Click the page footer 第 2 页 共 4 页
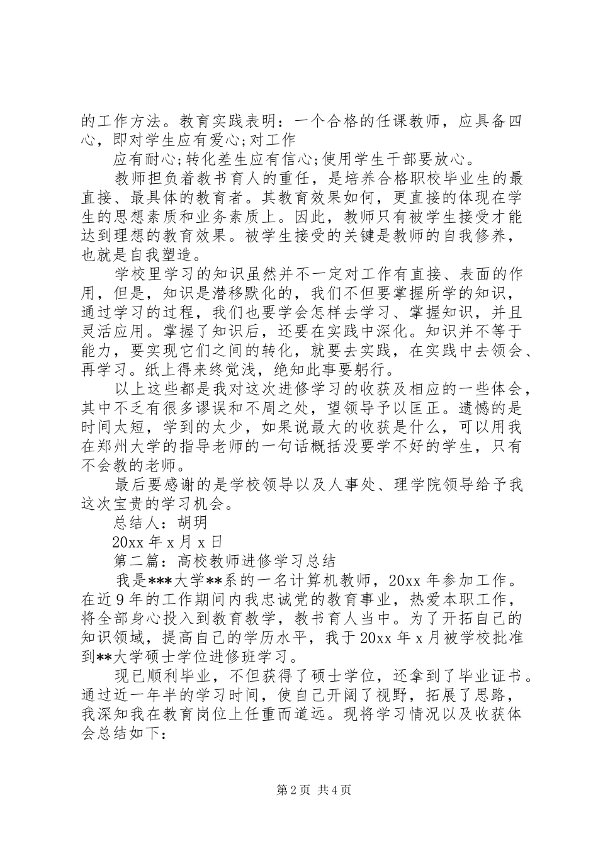(298, 790)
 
